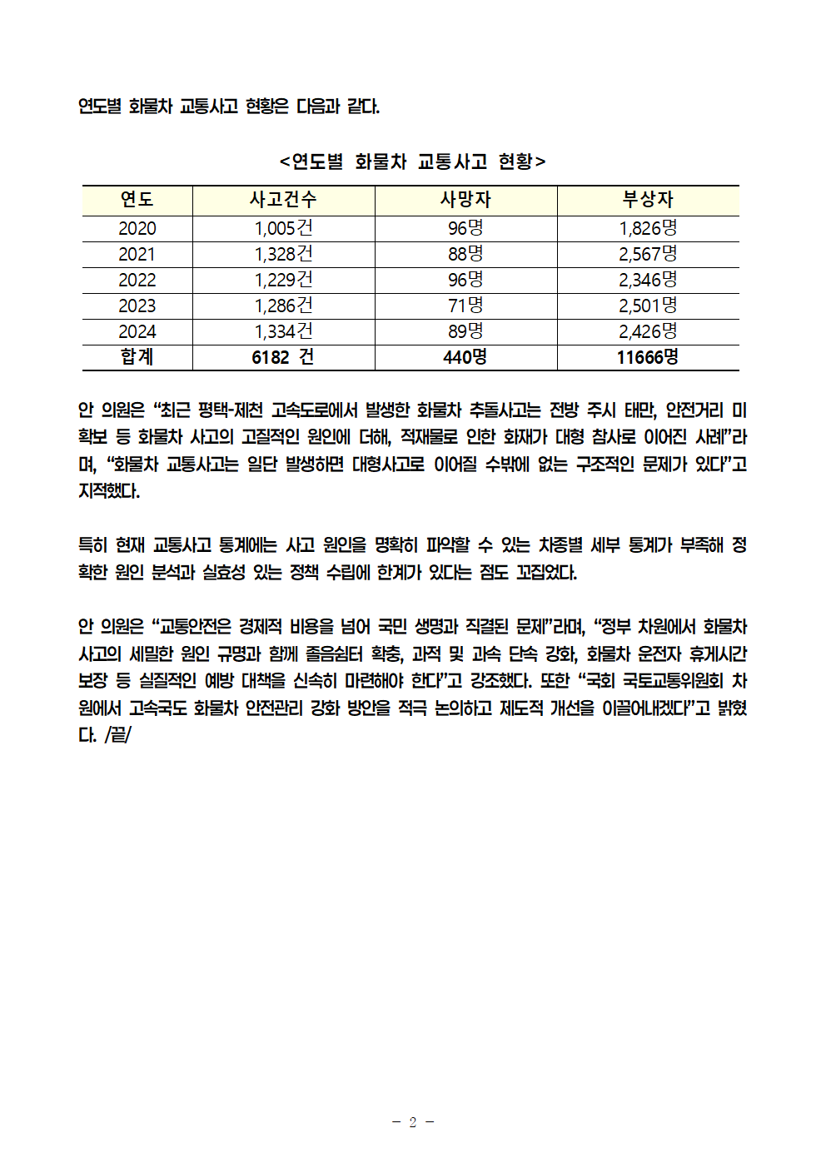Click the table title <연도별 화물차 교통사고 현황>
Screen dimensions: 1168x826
point(412,161)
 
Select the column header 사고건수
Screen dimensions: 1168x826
point(283,200)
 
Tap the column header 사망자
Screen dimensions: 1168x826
point(465,200)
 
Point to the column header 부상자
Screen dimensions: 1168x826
point(648,200)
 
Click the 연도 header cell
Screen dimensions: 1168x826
point(137,200)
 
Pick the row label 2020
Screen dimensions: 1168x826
point(137,229)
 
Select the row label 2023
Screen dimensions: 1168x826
point(137,306)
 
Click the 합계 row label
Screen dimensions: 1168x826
point(137,357)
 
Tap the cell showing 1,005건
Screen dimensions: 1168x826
point(283,229)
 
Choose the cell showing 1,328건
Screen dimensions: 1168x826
point(283,255)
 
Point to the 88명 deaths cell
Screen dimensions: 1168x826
point(465,255)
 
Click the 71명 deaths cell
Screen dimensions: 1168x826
point(465,306)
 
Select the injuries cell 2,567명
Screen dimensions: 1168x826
point(648,255)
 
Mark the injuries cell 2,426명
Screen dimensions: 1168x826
point(648,332)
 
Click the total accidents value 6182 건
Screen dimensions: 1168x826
point(283,358)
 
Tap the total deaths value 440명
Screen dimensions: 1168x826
point(465,358)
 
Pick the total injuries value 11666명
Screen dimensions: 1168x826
point(648,358)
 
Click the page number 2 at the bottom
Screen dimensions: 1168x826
point(412,1122)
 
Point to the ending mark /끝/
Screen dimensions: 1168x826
point(118,735)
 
